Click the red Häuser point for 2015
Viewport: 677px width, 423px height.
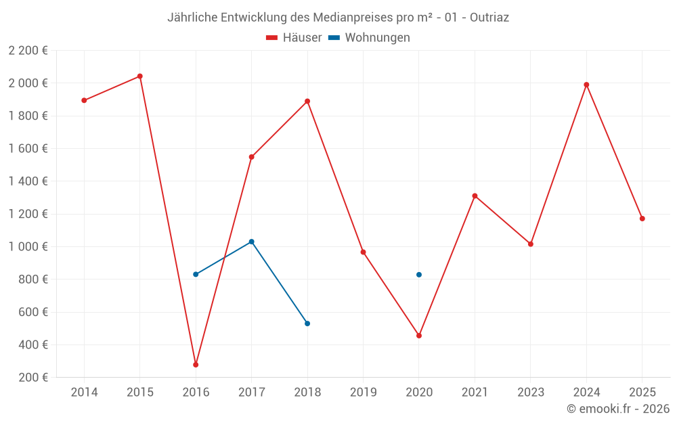140,76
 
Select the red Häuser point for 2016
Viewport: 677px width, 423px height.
196,365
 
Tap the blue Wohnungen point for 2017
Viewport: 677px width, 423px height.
252,242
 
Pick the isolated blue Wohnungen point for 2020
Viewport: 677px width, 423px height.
419,275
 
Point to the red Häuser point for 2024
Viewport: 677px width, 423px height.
586,85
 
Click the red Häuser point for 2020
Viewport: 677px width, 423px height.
419,336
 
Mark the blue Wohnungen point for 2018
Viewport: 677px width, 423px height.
307,324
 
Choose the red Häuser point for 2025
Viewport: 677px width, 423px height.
642,219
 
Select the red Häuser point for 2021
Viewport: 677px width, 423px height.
475,196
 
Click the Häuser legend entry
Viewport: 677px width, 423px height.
294,38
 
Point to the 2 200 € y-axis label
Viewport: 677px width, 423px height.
28,51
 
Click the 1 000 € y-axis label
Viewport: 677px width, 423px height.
28,247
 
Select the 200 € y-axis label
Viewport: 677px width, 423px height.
32,378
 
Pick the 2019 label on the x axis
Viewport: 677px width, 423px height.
363,393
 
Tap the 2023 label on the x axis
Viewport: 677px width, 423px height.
531,393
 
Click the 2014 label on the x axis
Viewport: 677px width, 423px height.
84,393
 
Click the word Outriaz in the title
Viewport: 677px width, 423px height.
489,18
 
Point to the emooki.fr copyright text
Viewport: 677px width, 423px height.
618,409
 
